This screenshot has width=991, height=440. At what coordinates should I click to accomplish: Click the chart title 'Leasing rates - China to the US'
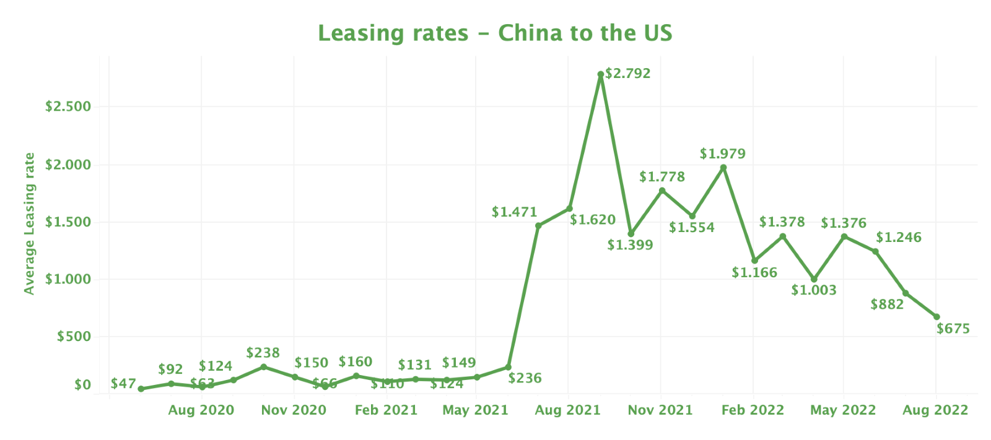pos(495,33)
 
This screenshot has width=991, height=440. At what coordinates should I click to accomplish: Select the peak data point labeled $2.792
pos(600,74)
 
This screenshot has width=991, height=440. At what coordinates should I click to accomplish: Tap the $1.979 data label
pos(722,153)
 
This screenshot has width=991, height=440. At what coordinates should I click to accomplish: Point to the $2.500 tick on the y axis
pos(68,106)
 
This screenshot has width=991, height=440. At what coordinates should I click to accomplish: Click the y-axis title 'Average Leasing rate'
pos(29,223)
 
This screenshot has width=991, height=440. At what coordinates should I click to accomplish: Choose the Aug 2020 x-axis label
pos(201,410)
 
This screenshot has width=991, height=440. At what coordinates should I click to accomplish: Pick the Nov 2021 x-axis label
pos(660,410)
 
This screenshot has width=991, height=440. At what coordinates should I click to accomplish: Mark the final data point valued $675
pos(936,317)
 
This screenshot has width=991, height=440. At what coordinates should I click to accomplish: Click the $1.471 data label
pos(514,212)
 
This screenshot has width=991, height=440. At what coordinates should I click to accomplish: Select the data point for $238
pos(263,367)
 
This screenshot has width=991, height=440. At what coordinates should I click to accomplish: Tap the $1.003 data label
pos(813,290)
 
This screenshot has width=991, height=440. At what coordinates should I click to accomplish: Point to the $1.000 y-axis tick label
pos(68,279)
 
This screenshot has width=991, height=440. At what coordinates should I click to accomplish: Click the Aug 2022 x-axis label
pos(935,410)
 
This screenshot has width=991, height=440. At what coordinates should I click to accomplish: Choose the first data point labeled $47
pos(141,389)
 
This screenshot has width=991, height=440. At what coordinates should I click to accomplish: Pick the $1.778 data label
pos(662,177)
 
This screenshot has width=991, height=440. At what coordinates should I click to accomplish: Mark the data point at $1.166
pos(754,261)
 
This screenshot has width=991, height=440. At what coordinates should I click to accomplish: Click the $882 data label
pos(887,304)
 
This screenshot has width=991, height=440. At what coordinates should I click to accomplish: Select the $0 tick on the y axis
pos(82,385)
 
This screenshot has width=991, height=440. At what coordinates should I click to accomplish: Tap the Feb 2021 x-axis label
pos(386,410)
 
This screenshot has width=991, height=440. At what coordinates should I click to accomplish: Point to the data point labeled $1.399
pos(631,234)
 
